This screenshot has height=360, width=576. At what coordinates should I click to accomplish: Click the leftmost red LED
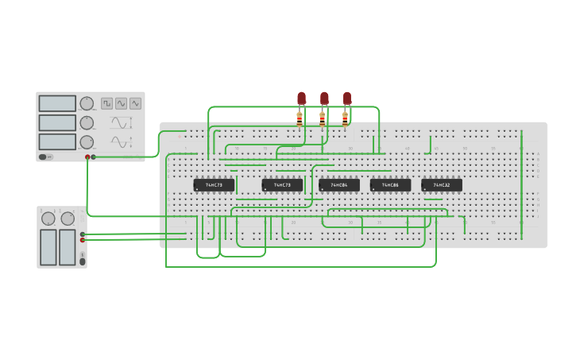coord(301,98)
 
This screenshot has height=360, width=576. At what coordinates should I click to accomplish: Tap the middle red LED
coord(324,98)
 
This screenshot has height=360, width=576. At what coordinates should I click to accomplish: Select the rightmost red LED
coord(346,98)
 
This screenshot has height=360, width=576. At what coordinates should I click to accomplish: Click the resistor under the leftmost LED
coord(300,118)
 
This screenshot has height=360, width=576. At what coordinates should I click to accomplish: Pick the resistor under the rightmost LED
coord(345,118)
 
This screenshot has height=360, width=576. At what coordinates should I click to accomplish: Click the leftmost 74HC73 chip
coord(214,185)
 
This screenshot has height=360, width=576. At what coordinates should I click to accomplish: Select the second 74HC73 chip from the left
coord(282,185)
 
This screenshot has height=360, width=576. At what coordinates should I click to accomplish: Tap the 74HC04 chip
coord(338,185)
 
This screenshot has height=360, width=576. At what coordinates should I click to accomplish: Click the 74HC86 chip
coord(390,185)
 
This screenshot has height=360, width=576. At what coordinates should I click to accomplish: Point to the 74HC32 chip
coord(441,185)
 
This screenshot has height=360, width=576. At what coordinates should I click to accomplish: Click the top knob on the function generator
coord(87,103)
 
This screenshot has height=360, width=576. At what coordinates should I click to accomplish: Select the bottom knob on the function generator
coord(87,142)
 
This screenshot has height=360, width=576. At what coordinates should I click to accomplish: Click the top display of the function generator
coord(57,103)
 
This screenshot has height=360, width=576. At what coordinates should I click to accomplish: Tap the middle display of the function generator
coord(57,122)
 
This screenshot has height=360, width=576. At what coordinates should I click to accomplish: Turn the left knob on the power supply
coord(48,219)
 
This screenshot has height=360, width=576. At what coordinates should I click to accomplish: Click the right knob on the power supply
coord(68,219)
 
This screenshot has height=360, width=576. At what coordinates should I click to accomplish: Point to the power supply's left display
coord(48,247)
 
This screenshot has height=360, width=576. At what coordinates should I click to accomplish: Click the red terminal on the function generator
coord(87,157)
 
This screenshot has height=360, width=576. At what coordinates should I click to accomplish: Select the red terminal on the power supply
coord(82,239)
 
